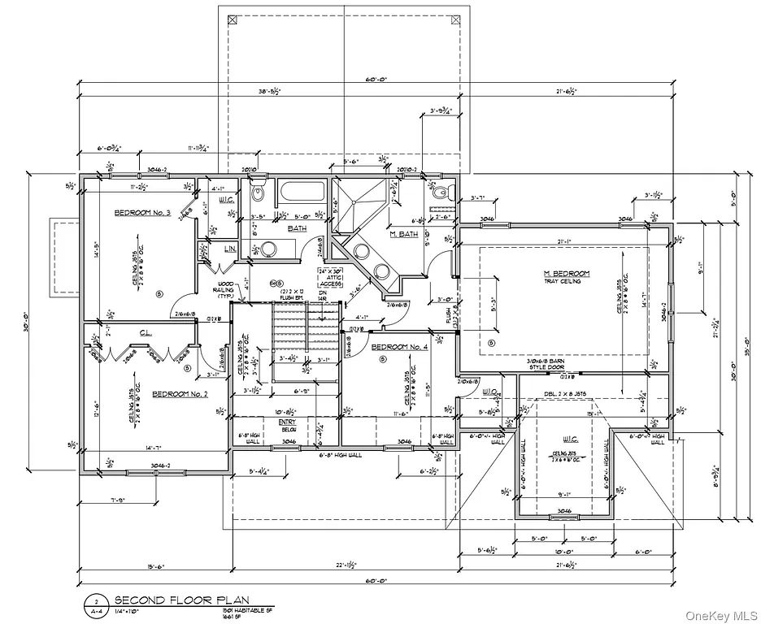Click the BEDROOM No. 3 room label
pos(141,213)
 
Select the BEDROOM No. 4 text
pos(399,347)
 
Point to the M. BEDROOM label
pos(567,274)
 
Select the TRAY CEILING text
pos(567,281)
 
